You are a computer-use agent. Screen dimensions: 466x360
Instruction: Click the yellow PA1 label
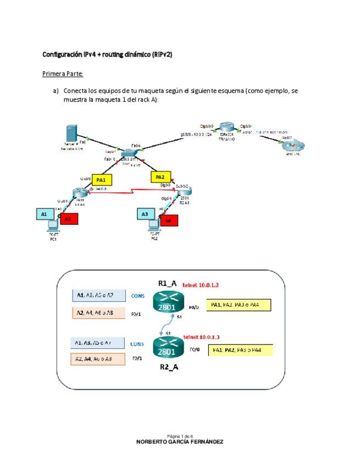(x=101, y=180)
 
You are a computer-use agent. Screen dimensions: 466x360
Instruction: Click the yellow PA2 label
(x=160, y=177)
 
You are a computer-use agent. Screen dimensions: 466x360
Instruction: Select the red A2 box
(x=68, y=219)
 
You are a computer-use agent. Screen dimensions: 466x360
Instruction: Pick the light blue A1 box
(x=43, y=214)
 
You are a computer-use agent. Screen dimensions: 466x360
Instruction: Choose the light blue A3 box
(x=145, y=214)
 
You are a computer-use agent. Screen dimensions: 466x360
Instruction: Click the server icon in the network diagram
(x=70, y=135)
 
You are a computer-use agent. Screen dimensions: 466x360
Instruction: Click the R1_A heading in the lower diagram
(x=167, y=283)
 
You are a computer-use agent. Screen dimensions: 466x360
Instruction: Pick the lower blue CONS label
(x=138, y=344)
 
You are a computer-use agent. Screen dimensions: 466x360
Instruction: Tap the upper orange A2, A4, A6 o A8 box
(x=99, y=313)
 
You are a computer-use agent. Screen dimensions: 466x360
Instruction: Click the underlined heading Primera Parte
(x=63, y=74)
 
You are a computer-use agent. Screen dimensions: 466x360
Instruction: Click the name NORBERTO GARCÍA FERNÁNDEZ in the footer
(x=180, y=441)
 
